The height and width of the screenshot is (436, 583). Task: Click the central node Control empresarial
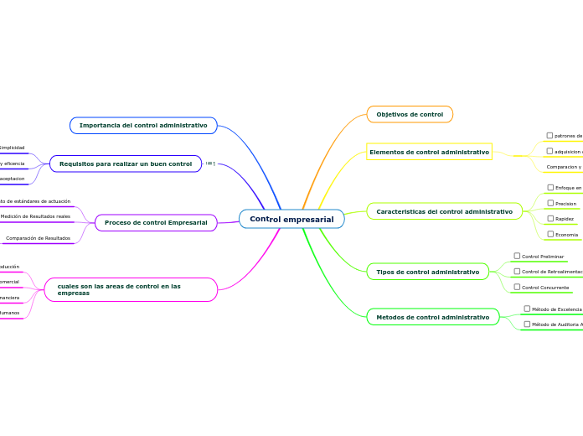pos(291,220)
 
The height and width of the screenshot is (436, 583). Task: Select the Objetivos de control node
pos(410,114)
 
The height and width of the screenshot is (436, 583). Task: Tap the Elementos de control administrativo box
pos(429,152)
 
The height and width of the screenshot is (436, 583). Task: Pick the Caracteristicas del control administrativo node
pos(444,211)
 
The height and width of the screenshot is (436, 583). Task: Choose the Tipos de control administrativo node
pos(427,272)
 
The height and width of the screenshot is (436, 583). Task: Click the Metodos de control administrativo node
pos(432,317)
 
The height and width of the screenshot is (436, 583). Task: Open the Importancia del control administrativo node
pos(143,125)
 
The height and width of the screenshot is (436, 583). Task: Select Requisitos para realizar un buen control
pos(126,163)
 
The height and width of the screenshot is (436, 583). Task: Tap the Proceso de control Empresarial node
pos(156,222)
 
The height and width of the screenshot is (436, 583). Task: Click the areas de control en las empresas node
pos(130,289)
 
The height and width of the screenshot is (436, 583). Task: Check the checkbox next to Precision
pos(550,203)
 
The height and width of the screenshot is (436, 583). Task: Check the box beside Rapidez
pos(550,218)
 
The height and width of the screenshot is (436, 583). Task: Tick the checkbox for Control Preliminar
pos(517,256)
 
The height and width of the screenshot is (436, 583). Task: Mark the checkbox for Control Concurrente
pos(517,287)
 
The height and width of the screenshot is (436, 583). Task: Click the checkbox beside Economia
pos(550,234)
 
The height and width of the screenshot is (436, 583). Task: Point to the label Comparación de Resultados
pos(38,238)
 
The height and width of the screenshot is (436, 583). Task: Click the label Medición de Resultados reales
pos(35,216)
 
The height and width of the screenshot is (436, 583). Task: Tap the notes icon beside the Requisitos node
pos(210,163)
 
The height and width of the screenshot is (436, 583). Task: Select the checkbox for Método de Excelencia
pos(527,309)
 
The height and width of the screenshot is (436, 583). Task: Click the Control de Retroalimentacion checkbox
pos(517,271)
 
